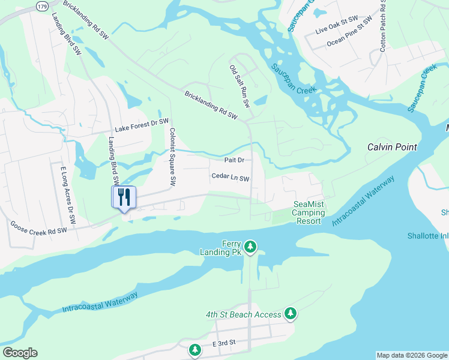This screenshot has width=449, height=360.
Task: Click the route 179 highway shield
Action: [x=41, y=6]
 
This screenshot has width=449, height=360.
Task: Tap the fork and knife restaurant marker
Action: [x=124, y=197]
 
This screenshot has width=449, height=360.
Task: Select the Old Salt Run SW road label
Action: [x=239, y=86]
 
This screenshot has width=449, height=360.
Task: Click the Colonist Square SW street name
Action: [x=172, y=155]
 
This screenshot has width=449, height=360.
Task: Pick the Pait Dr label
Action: [x=234, y=160]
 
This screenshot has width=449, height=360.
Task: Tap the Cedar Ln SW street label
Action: [x=230, y=178]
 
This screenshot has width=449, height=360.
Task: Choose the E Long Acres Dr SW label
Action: [x=67, y=195]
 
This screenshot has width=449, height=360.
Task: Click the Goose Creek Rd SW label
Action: [x=38, y=227]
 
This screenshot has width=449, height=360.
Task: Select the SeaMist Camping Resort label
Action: [x=309, y=212]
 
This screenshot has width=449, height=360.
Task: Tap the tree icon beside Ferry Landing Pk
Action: [x=250, y=247]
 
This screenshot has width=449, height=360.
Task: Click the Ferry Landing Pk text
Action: [x=223, y=248]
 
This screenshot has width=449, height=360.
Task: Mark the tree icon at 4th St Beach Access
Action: [x=291, y=313]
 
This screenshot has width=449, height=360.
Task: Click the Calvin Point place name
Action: [x=392, y=147]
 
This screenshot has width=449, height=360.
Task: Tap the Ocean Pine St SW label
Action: [x=349, y=42]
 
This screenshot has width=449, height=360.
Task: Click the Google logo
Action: [x=20, y=353]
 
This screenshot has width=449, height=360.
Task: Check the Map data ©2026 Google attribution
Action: [x=412, y=355]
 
